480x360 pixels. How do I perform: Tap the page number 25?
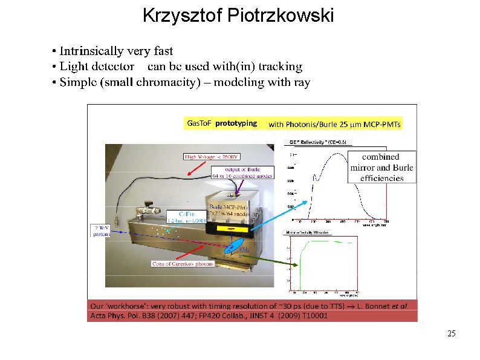tap(451, 333)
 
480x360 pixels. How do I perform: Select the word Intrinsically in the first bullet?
tap(90, 51)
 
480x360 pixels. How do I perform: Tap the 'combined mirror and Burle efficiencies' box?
tap(381, 168)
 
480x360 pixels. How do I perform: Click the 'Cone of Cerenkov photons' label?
tap(182, 264)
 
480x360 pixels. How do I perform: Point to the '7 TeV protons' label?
tap(102, 231)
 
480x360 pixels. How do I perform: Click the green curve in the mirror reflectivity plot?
tap(326, 241)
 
